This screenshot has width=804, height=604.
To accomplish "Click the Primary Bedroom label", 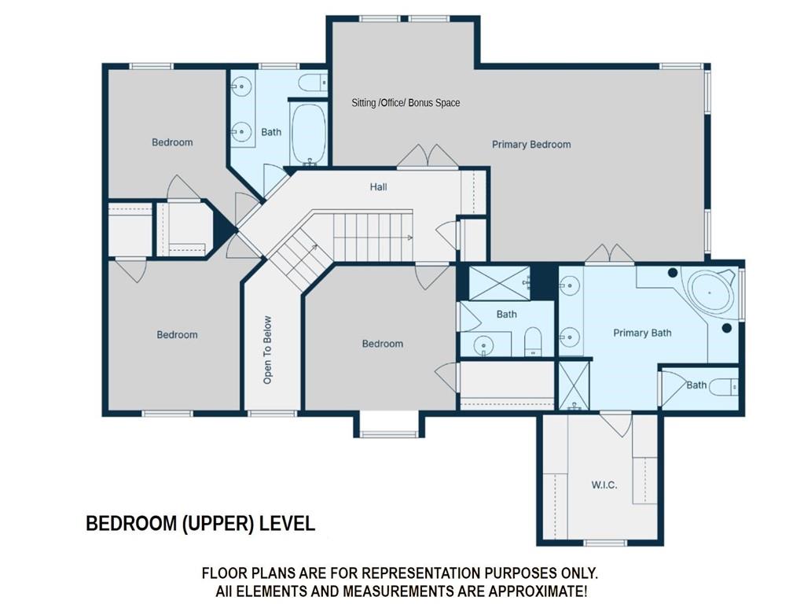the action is click(531, 145).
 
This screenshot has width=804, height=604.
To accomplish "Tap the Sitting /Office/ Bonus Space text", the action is click(406, 103).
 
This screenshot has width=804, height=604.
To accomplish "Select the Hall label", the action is click(378, 187).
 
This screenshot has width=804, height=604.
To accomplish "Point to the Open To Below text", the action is click(267, 349).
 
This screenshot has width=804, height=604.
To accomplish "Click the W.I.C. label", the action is click(604, 485).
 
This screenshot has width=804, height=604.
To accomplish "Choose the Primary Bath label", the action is click(642, 333).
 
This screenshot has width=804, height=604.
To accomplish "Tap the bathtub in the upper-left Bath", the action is click(309, 134).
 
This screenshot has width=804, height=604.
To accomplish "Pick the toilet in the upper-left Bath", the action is click(313, 82).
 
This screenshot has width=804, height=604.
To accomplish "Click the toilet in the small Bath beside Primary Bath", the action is click(724, 387).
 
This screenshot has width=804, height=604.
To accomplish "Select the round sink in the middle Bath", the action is click(483, 344).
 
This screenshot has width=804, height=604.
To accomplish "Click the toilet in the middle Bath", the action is click(534, 341).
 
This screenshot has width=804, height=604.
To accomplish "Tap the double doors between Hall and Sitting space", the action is click(428, 156).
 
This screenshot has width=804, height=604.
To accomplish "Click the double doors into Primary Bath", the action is click(610, 254).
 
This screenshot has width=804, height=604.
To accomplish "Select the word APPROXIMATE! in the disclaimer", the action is click(538, 591).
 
